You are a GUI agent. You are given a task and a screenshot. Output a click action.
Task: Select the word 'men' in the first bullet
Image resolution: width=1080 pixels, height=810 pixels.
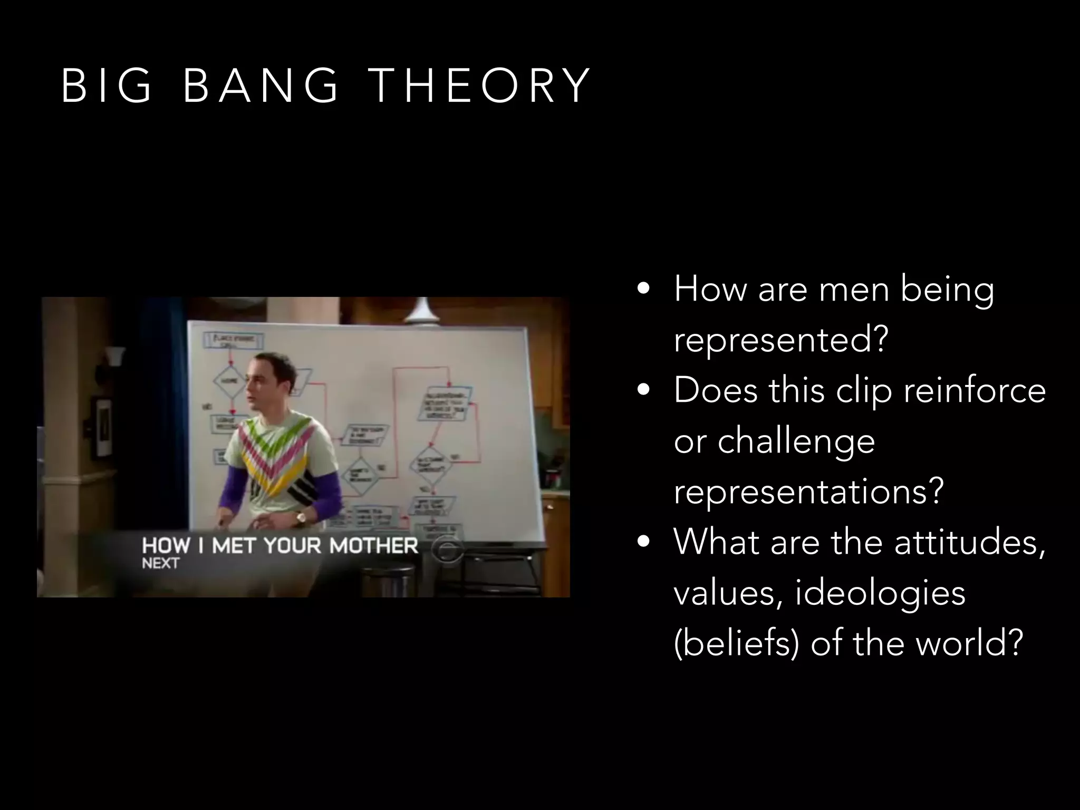point(854,290)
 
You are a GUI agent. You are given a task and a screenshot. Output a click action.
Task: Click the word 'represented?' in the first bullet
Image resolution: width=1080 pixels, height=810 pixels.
point(781,340)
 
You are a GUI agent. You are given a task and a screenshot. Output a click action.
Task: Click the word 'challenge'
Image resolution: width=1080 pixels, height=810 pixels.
point(796,441)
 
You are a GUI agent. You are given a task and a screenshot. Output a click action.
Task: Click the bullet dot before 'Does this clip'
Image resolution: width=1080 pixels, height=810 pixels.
point(642,391)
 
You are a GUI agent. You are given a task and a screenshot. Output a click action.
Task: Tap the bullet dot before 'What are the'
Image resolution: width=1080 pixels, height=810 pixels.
point(642,542)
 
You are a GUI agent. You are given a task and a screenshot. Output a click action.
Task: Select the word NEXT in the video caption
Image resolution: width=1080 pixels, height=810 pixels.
point(160,563)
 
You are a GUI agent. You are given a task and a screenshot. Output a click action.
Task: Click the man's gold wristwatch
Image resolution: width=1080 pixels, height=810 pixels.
point(301,518)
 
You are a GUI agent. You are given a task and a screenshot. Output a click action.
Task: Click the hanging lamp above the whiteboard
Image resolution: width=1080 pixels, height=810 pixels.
point(422,312)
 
